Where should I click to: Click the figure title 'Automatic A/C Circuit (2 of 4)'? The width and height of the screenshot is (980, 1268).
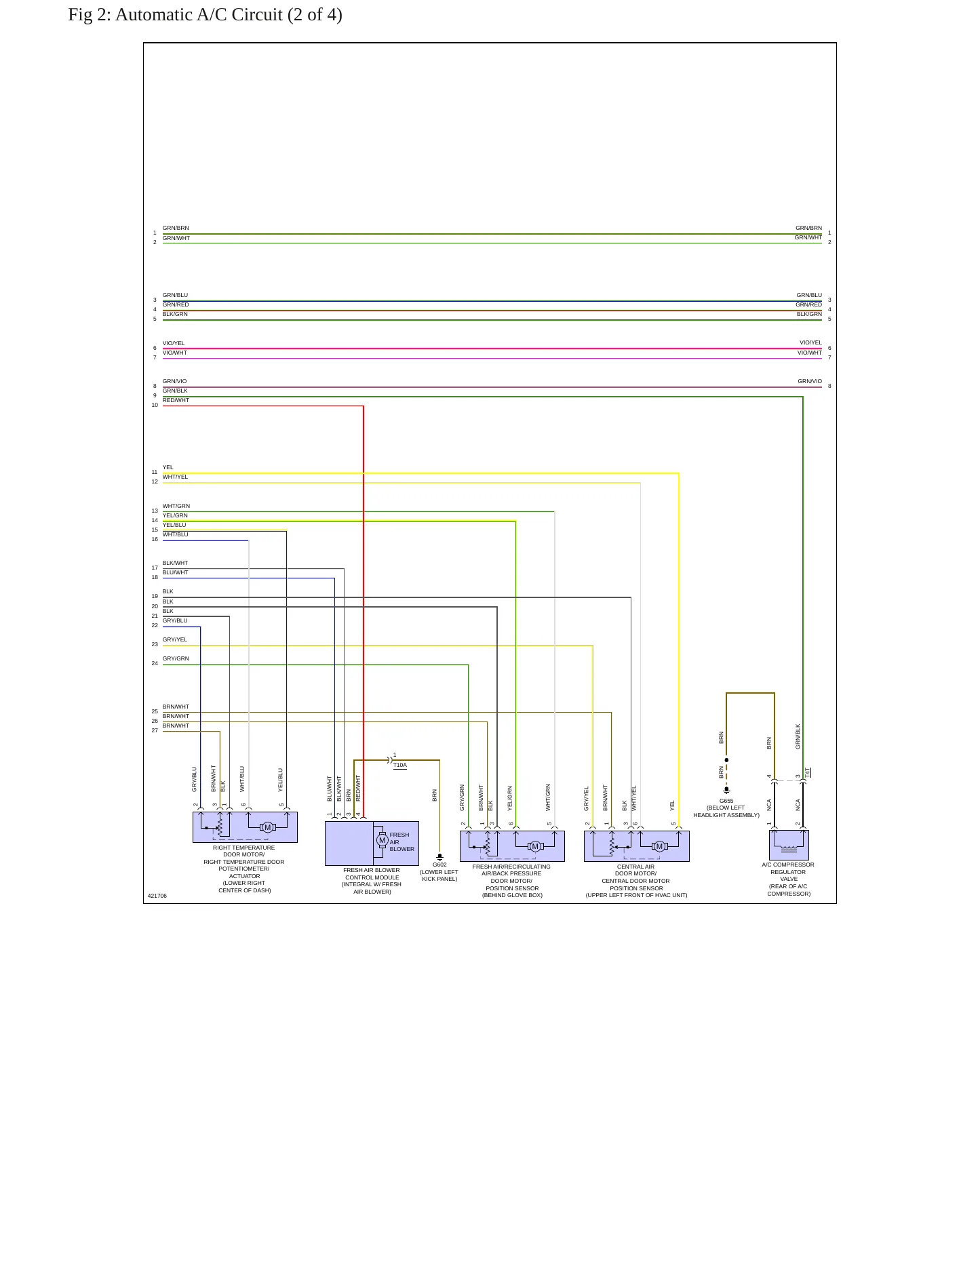229,15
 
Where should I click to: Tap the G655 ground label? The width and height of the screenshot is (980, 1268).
726,801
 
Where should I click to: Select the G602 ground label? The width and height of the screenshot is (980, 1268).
439,865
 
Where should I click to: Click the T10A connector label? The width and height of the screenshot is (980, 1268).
400,765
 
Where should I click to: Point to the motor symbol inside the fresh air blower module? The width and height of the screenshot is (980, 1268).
383,841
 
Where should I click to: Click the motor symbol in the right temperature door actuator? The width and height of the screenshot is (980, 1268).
267,827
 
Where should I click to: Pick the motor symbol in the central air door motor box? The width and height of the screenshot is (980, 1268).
659,846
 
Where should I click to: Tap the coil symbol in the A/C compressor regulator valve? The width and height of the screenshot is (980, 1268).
789,848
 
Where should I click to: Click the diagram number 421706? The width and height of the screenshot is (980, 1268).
157,896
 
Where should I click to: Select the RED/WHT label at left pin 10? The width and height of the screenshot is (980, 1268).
176,400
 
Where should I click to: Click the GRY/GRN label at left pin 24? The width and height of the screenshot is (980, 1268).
176,658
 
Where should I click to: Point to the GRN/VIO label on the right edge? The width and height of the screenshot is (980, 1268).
810,381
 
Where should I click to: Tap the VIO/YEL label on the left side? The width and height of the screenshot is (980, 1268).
174,343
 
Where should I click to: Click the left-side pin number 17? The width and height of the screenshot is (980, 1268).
155,568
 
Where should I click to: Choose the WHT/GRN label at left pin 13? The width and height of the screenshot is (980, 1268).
176,506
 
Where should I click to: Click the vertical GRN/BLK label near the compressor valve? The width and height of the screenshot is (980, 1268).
798,736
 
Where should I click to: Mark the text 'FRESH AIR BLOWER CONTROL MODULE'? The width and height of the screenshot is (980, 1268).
372,873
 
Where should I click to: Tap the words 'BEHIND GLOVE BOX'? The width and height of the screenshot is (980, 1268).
512,895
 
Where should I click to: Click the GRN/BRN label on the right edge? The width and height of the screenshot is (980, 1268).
808,228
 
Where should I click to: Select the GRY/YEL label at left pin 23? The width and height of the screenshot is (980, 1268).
175,639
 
